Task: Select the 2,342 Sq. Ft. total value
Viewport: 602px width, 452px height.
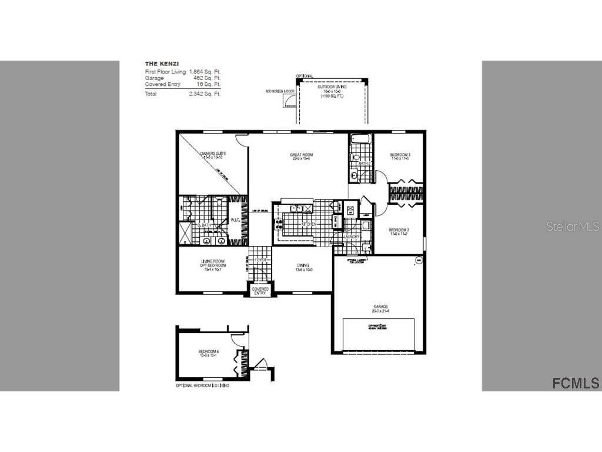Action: coord(204,94)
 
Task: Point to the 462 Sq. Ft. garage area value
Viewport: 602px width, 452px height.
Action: coord(207,78)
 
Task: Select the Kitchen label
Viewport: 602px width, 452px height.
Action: coord(309,224)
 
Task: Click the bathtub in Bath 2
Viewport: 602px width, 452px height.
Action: coord(360,140)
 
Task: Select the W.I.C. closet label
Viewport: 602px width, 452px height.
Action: coord(236,221)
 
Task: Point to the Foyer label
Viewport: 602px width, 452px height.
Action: coord(260,260)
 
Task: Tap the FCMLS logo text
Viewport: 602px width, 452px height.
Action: coord(576,383)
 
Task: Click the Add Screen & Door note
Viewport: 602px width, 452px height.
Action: coord(279,92)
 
